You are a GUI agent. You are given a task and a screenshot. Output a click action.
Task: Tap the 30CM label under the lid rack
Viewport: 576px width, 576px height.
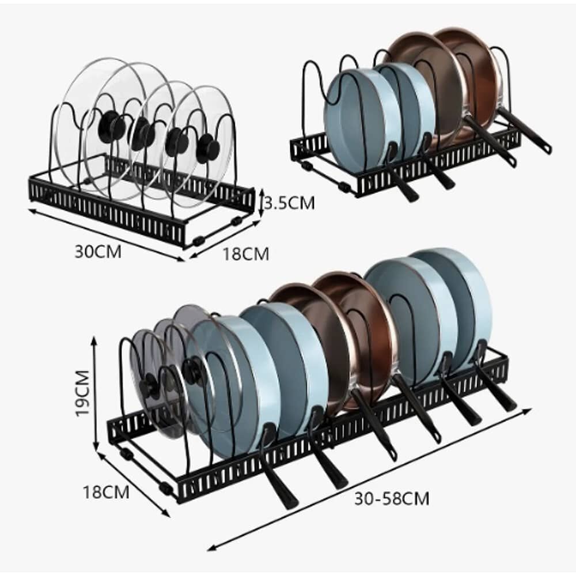[98, 252]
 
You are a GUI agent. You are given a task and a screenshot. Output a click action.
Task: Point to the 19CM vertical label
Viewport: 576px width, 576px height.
[82, 393]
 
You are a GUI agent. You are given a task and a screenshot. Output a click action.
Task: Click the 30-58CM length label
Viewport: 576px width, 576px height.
[392, 498]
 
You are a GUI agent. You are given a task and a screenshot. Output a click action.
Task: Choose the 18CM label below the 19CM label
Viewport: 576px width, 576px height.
[105, 492]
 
